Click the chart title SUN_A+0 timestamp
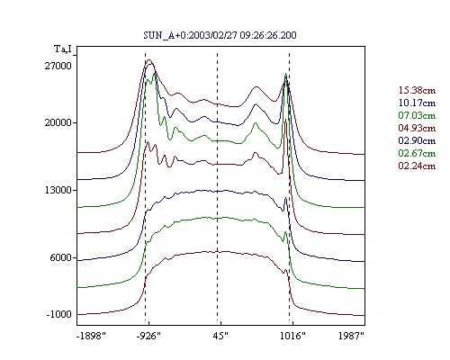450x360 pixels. (220, 35)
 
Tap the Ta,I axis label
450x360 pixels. (63, 49)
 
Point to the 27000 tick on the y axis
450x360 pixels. (58, 66)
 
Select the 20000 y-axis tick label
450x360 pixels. (58, 122)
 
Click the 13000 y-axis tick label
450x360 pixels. (58, 190)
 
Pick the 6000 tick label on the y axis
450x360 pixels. (61, 257)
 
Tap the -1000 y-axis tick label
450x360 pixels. (59, 314)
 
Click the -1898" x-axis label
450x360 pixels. (91, 336)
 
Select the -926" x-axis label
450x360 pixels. (148, 336)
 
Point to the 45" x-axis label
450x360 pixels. (220, 336)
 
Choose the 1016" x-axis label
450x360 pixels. (292, 336)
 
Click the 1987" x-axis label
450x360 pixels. (351, 336)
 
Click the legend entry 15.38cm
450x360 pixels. (417, 90)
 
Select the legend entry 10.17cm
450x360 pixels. (417, 103)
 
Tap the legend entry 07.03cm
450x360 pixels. (417, 115)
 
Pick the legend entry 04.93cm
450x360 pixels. (417, 128)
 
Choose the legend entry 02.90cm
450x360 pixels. (417, 140)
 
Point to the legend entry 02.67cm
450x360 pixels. (417, 153)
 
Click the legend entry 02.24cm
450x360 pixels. (417, 166)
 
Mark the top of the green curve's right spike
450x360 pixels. (286, 74)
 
